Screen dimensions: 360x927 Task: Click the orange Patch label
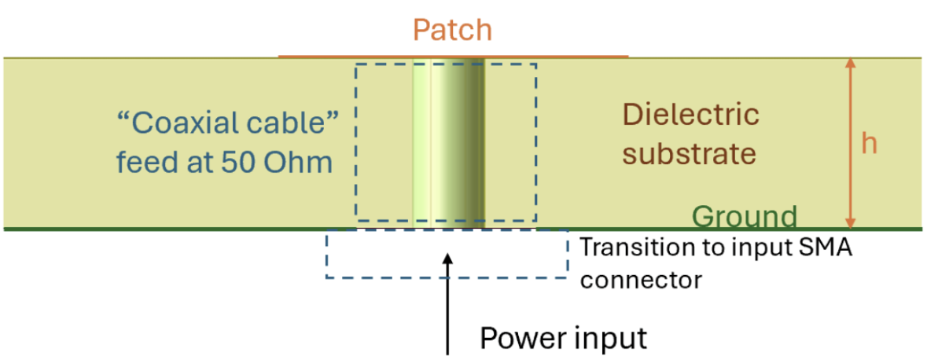pyautogui.click(x=452, y=31)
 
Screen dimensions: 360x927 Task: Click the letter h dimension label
pyautogui.click(x=869, y=144)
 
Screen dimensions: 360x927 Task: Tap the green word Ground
pyautogui.click(x=745, y=216)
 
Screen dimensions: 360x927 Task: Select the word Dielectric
pyautogui.click(x=691, y=115)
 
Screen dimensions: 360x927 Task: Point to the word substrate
pyautogui.click(x=689, y=152)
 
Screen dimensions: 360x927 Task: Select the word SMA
pyautogui.click(x=826, y=248)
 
